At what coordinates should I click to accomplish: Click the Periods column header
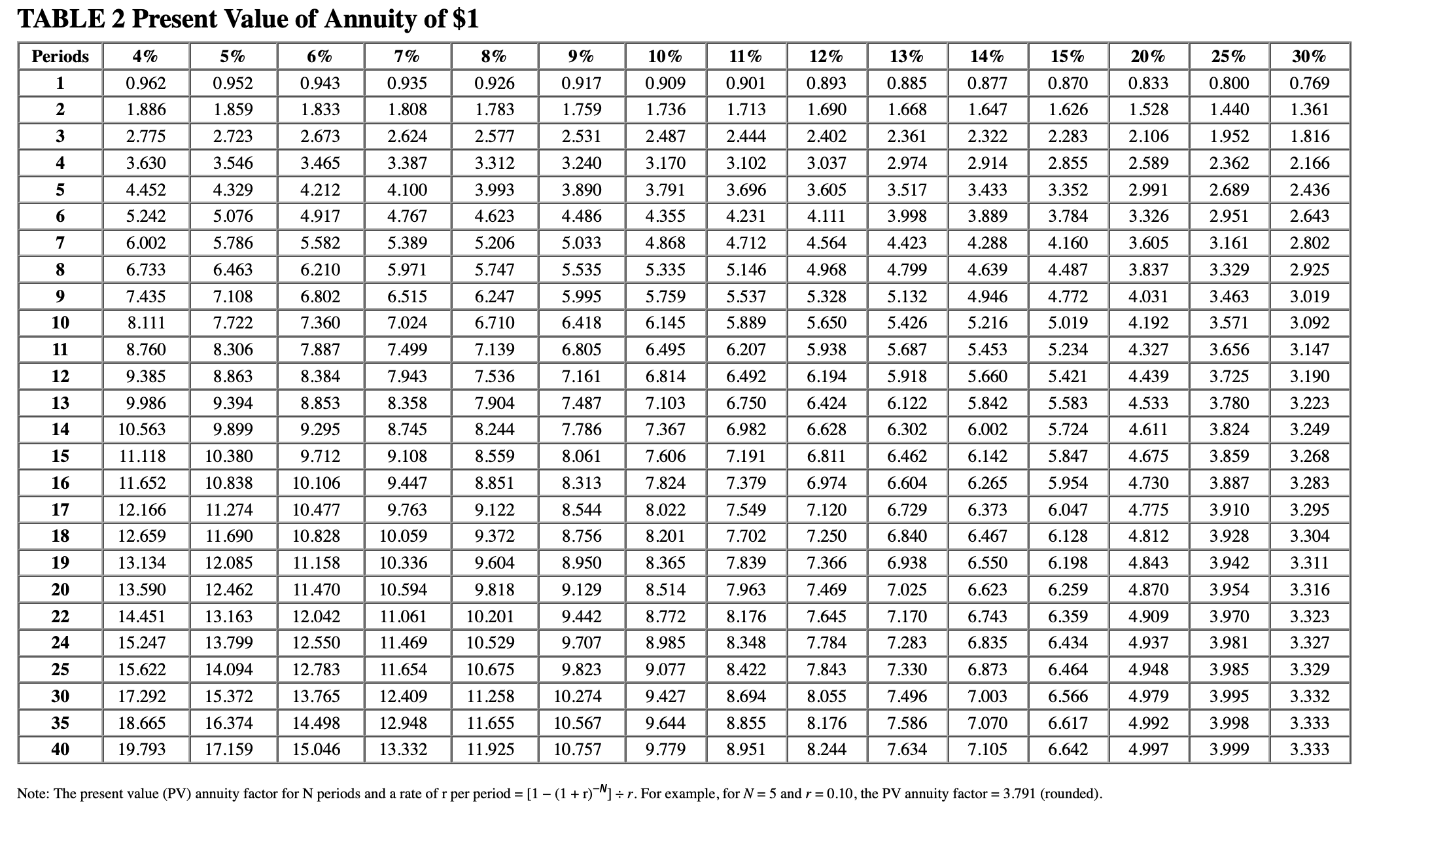(60, 56)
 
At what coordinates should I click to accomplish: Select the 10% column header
(665, 56)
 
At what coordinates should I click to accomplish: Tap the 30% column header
(1309, 56)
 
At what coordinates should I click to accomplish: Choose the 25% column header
(1229, 56)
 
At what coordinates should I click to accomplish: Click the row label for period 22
(60, 616)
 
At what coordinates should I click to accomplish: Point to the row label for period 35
(60, 723)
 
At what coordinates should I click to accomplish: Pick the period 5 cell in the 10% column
(665, 190)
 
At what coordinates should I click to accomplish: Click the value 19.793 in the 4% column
(142, 749)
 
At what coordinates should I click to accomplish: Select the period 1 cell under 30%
(1310, 83)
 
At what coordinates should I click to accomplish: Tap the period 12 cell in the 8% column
(495, 376)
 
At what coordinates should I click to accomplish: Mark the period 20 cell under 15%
(1068, 590)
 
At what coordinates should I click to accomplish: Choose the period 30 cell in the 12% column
(826, 696)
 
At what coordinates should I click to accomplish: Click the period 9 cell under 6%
(320, 296)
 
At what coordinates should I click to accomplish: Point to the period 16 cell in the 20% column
(1148, 483)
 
